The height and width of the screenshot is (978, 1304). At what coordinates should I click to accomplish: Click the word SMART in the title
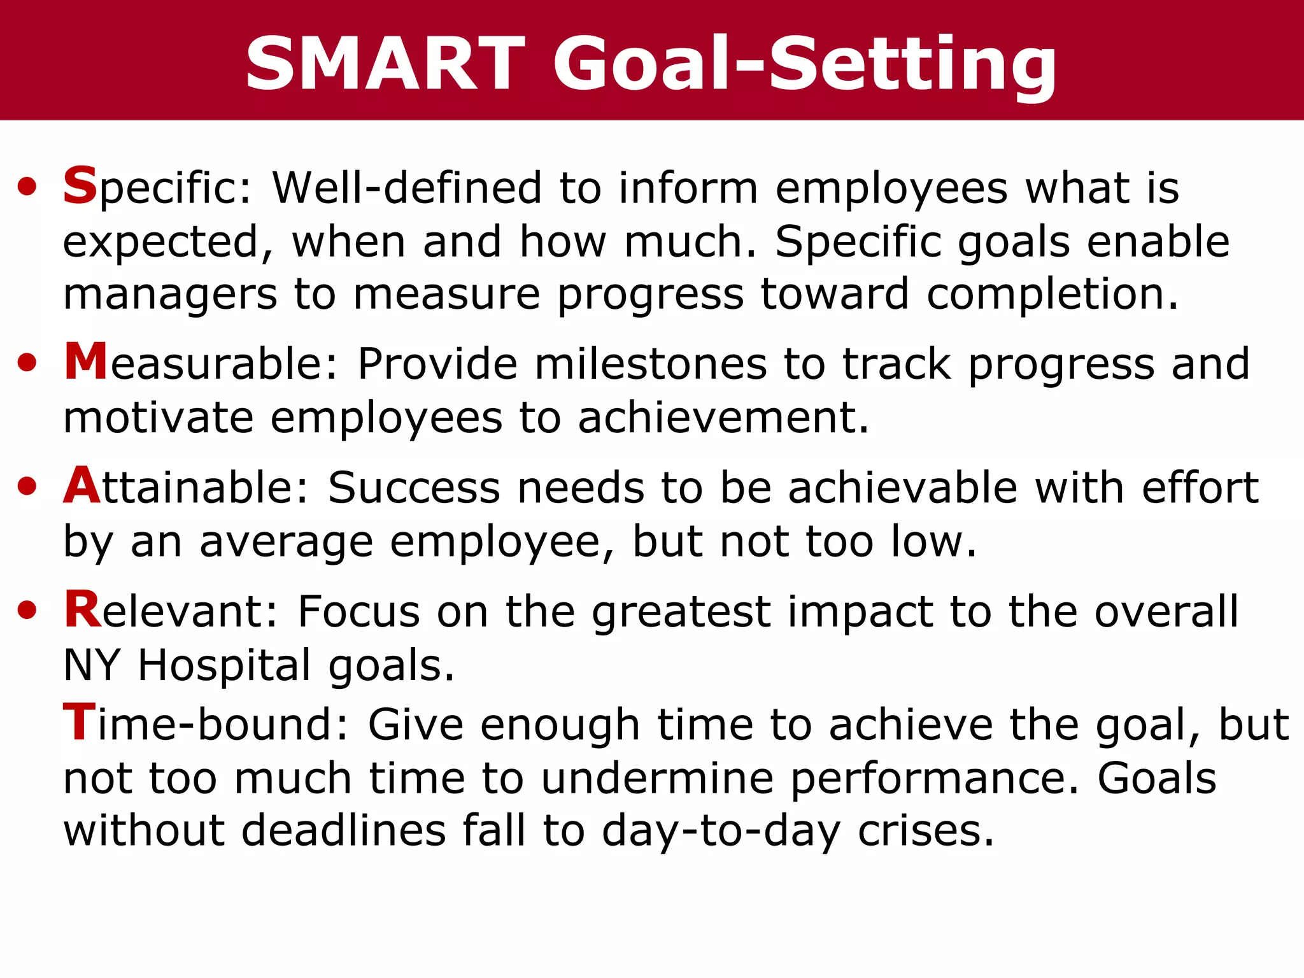click(x=385, y=64)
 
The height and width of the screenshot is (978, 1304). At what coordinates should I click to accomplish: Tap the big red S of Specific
click(x=80, y=185)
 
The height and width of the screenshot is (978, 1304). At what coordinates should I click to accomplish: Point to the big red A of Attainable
click(x=82, y=486)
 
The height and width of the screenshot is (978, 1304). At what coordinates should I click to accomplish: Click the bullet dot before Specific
click(x=27, y=187)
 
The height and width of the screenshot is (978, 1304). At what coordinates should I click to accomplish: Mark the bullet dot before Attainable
click(x=27, y=487)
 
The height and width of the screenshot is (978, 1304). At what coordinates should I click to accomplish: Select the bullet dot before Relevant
click(x=27, y=611)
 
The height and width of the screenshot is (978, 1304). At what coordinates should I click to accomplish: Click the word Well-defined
click(x=407, y=188)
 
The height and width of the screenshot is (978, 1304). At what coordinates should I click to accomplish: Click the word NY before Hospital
click(x=92, y=666)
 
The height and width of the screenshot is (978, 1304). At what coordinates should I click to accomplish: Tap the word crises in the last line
click(x=926, y=831)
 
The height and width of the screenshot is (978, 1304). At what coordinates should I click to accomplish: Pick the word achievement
click(x=723, y=418)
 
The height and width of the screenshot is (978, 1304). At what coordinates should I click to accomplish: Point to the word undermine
click(x=657, y=779)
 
